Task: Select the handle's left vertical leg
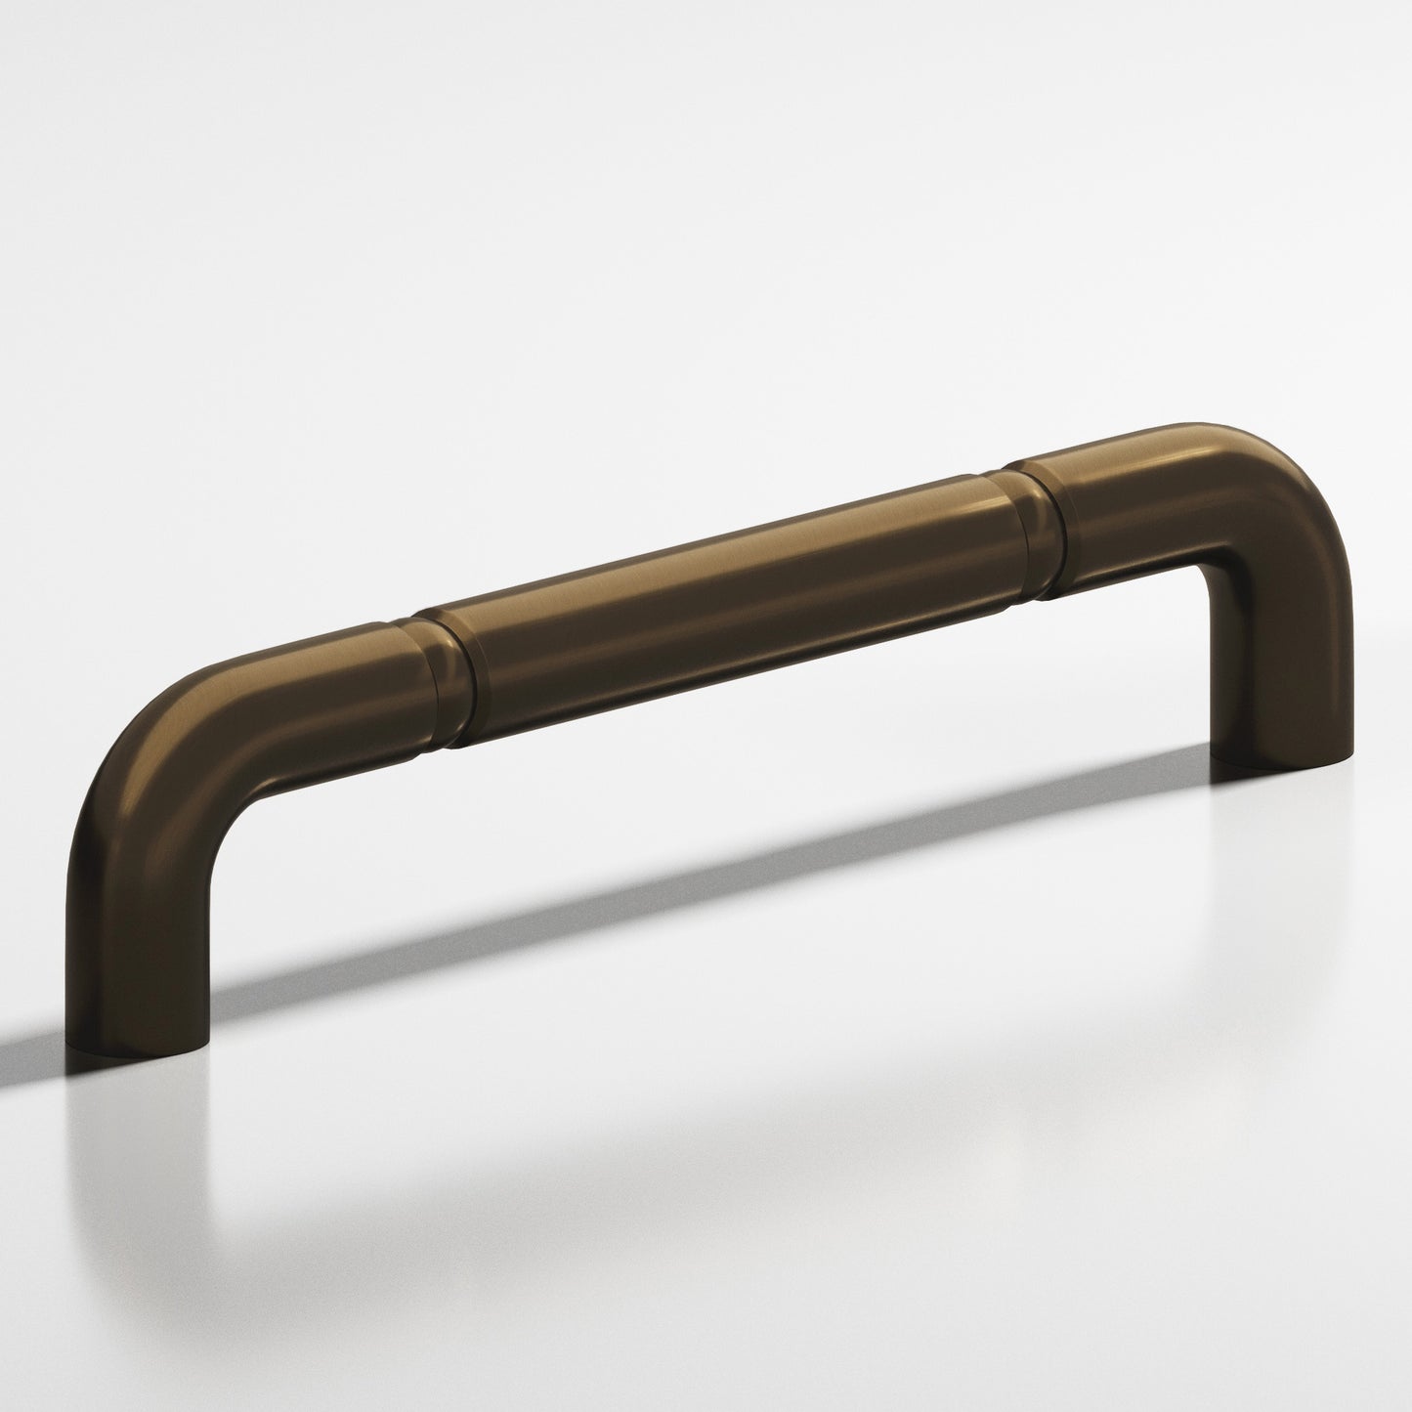[x=137, y=938]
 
